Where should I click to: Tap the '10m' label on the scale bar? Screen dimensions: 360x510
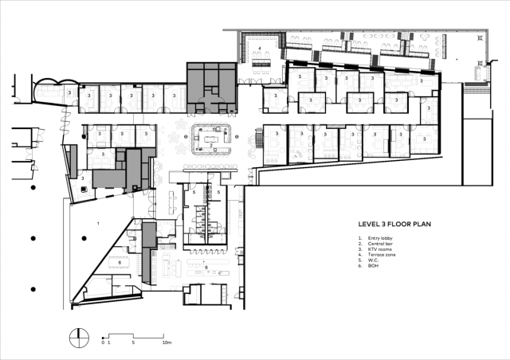pyautogui.click(x=167, y=341)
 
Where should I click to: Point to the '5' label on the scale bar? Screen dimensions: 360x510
pyautogui.click(x=134, y=341)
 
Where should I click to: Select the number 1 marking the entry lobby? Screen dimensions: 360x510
pyautogui.click(x=98, y=224)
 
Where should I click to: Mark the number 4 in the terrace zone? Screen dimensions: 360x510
pyautogui.click(x=261, y=49)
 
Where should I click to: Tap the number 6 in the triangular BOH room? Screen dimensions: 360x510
pyautogui.click(x=120, y=261)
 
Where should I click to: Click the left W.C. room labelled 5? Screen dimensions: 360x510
pyautogui.click(x=194, y=192)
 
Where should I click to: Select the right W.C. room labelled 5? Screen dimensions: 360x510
pyautogui.click(x=218, y=192)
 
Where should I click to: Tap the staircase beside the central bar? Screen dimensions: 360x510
pyautogui.click(x=256, y=141)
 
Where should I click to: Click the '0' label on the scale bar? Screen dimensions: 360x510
pyautogui.click(x=103, y=341)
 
